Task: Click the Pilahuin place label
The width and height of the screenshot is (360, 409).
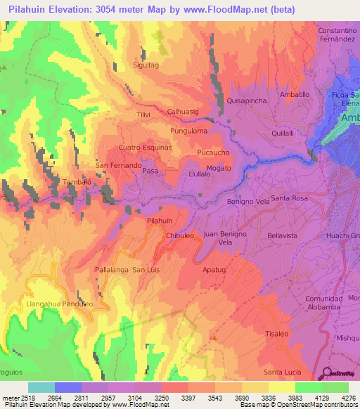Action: pos(159,221)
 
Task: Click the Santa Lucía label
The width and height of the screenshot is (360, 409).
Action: pos(282,372)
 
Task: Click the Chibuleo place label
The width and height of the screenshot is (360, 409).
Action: pos(179,236)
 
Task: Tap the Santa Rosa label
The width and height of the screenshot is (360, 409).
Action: pos(290,199)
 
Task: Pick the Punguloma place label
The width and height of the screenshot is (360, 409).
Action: pos(188,131)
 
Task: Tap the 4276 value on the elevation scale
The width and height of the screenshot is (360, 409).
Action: pos(348,398)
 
